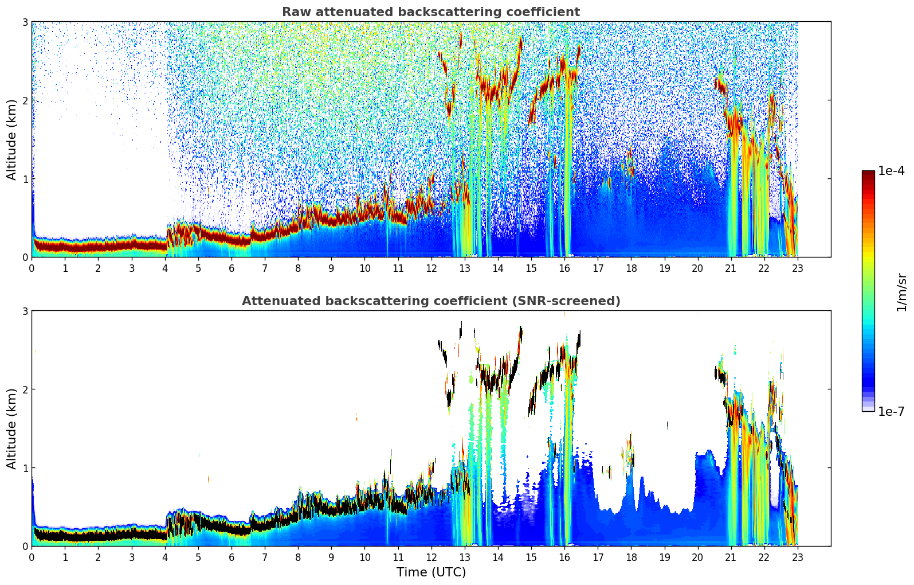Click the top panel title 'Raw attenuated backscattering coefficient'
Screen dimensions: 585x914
coord(430,12)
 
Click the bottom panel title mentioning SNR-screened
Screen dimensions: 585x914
coord(430,301)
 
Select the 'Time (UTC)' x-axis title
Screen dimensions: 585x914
coord(431,572)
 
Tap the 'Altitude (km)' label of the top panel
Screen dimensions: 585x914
coord(12,139)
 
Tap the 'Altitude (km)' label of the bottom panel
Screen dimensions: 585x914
coord(12,428)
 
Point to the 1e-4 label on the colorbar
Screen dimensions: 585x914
coord(891,171)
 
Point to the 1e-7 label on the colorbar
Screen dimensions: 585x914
coord(891,411)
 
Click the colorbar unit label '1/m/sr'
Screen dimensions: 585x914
coord(901,292)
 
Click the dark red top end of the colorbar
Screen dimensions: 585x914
coord(868,173)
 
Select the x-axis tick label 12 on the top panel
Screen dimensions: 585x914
coord(431,268)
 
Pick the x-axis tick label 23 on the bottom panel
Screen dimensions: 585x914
coord(798,557)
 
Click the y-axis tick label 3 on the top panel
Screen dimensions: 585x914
coord(25,22)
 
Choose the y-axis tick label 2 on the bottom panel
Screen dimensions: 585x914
coord(25,389)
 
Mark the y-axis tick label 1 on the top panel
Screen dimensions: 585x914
coord(25,179)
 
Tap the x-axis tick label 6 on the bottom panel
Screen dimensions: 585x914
coord(232,557)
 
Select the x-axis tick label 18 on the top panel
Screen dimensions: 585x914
coord(631,268)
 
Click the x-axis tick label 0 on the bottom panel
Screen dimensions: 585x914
coord(32,557)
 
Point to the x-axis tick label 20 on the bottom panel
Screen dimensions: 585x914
coord(697,557)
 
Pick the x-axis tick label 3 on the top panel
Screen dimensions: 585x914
coord(132,268)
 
